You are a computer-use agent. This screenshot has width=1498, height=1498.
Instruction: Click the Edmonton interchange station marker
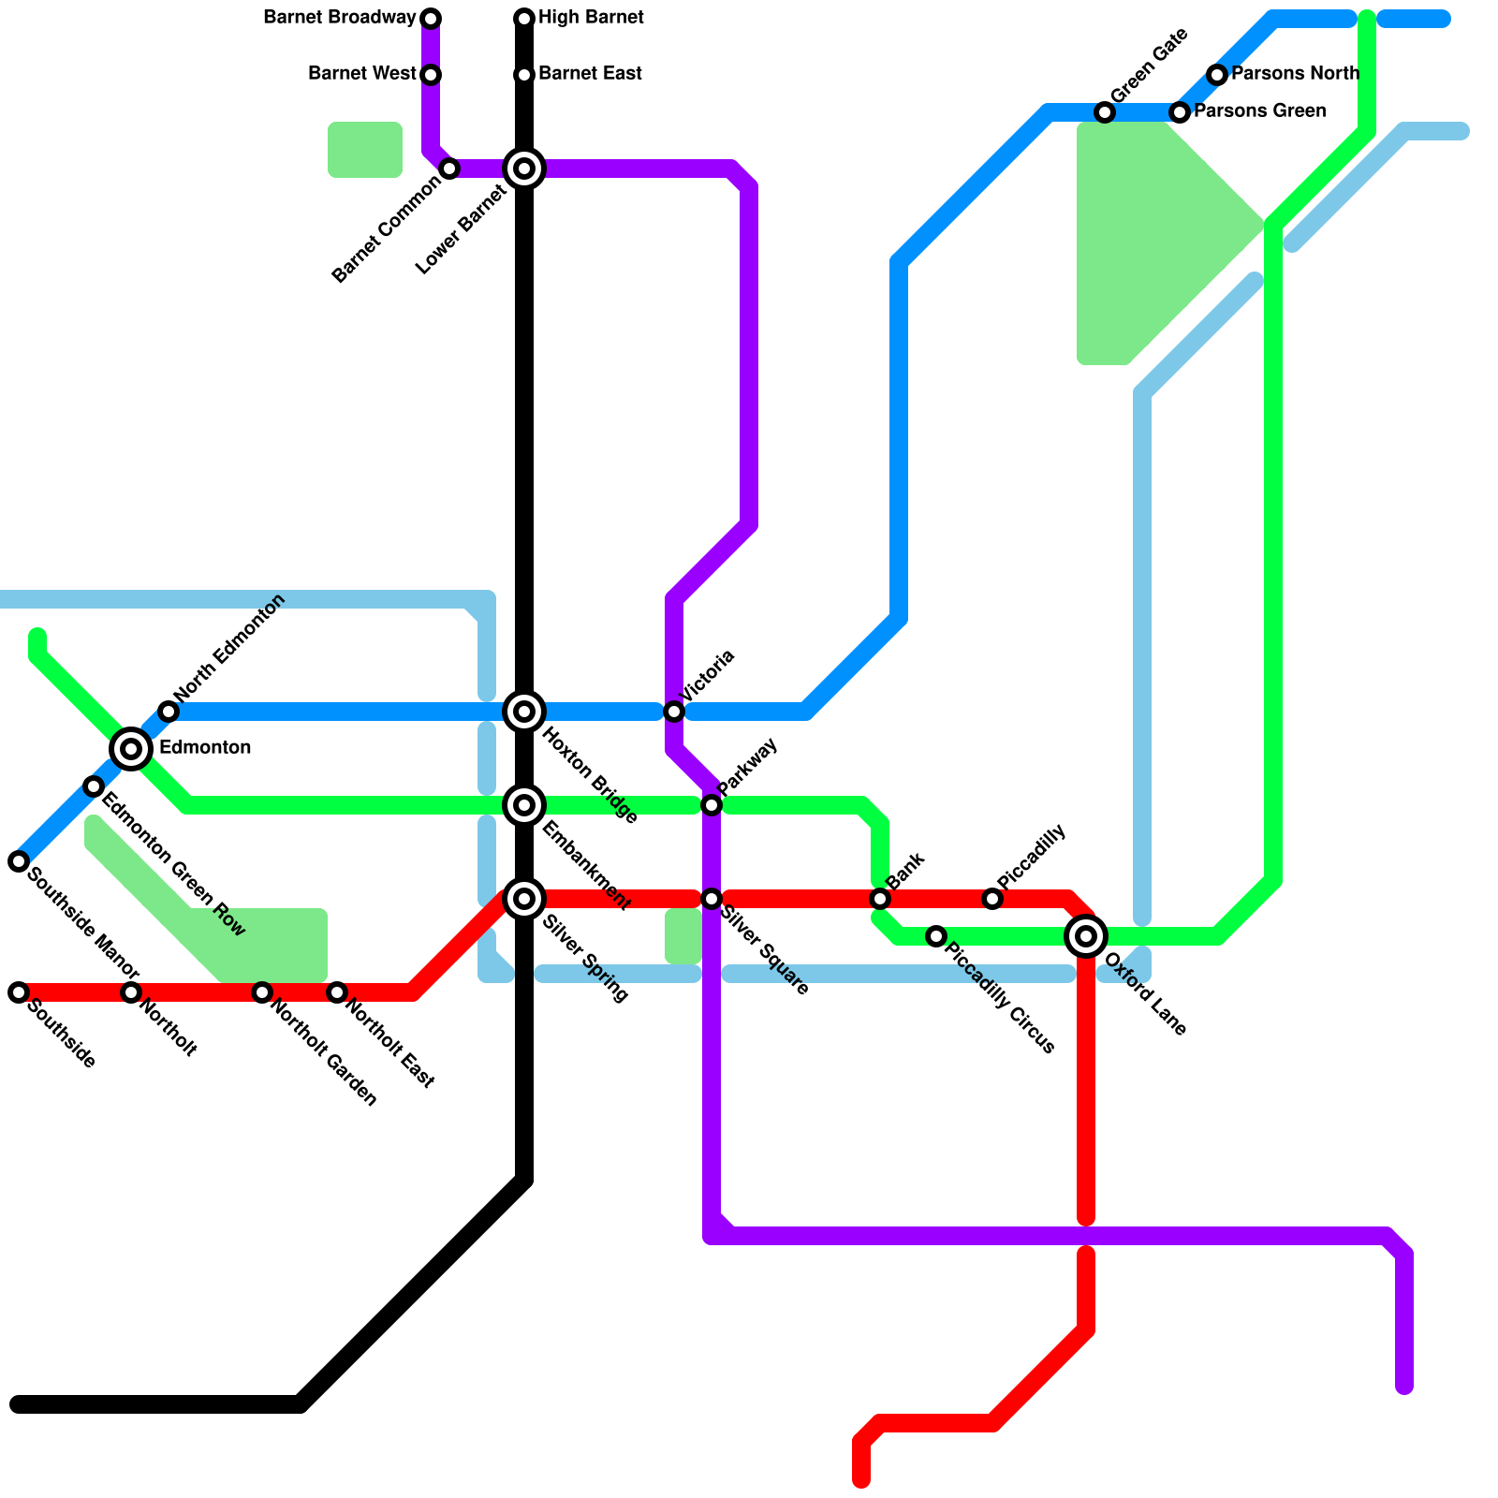point(131,748)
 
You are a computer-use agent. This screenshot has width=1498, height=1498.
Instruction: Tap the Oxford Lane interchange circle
point(1086,935)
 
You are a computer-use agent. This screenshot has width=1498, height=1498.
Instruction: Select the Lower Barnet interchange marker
point(524,169)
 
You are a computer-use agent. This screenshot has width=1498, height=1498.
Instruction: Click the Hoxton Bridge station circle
point(524,712)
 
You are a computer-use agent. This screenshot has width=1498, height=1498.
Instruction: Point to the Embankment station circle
point(524,805)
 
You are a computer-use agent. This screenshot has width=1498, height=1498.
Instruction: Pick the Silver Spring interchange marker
point(524,899)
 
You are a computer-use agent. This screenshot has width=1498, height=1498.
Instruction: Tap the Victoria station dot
point(674,712)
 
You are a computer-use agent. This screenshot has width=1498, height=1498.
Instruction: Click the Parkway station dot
point(712,805)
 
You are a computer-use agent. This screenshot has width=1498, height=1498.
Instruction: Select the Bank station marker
point(880,899)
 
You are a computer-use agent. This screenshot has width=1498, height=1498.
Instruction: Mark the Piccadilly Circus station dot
point(936,936)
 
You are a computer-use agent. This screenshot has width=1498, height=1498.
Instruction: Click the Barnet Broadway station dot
point(431,19)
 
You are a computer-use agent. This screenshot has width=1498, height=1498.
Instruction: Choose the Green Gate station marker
point(1105,112)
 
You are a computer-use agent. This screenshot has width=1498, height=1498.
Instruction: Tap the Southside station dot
point(19,992)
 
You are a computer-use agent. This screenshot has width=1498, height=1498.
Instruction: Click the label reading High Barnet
point(591,19)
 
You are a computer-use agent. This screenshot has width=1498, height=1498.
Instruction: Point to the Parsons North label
point(1295,74)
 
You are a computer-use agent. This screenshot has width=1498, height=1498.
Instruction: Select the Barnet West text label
point(361,75)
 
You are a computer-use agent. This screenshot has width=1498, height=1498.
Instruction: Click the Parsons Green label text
point(1259,111)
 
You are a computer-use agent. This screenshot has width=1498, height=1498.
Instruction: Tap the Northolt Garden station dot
point(262,992)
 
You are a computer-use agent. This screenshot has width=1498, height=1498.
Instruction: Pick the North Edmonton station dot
point(169,712)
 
